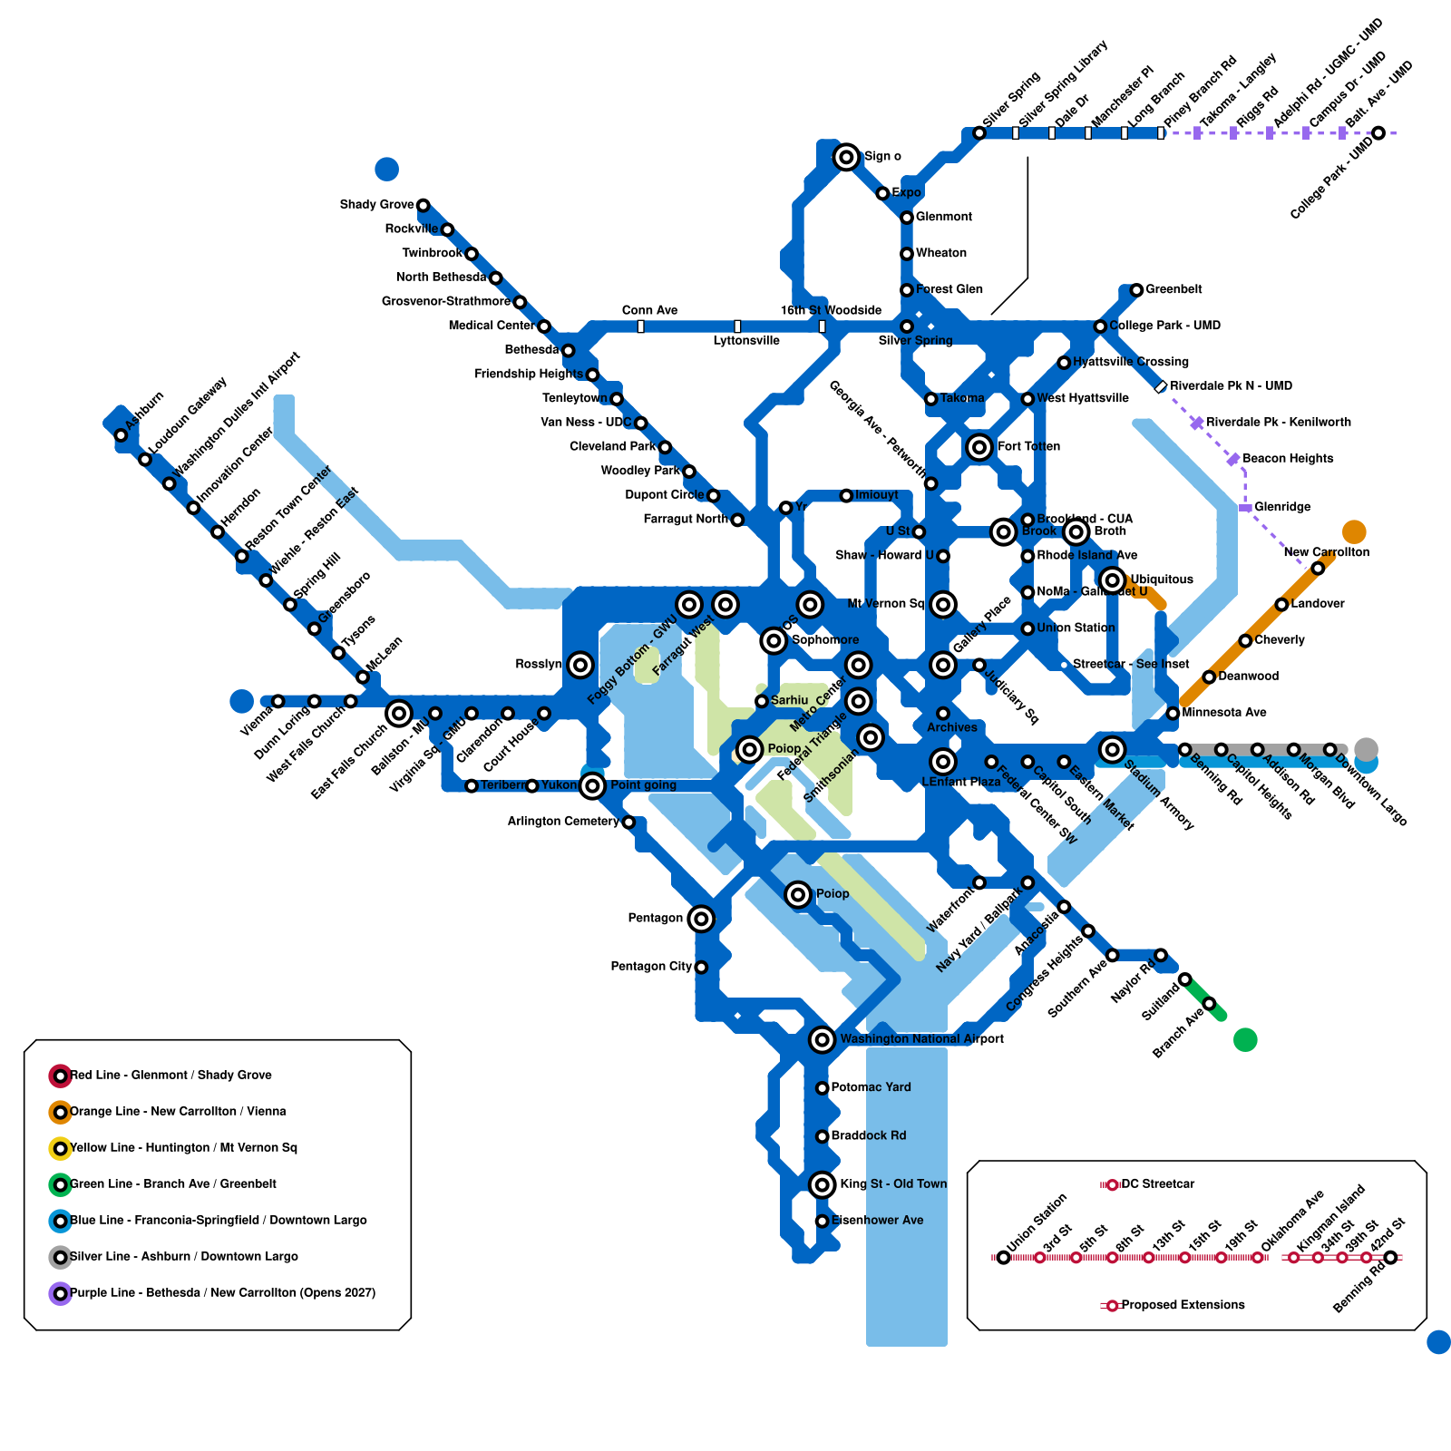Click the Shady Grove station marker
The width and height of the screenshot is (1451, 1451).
point(423,206)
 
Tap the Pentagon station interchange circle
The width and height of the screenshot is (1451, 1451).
point(701,919)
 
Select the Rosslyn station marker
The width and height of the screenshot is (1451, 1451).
point(580,665)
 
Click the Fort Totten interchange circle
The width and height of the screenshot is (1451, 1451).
point(979,447)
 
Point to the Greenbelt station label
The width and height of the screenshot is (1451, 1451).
point(1173,289)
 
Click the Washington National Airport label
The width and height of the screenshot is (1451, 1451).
point(921,1039)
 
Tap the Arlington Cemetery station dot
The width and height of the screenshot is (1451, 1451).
point(628,823)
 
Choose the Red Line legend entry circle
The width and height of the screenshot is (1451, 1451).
point(60,1076)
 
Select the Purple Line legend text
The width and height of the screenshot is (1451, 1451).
point(222,1293)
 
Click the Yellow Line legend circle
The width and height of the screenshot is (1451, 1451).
point(60,1149)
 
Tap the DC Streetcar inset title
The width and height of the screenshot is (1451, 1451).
point(1157,1184)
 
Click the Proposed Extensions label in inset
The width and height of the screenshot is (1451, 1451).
point(1183,1305)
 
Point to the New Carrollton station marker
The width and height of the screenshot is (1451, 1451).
point(1318,569)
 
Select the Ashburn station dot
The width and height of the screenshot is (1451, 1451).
point(121,435)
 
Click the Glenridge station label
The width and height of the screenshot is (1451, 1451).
point(1282,507)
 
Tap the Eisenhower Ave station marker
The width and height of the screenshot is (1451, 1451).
point(822,1222)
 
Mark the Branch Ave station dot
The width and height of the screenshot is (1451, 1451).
point(1209,1004)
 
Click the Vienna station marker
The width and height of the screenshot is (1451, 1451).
point(278,702)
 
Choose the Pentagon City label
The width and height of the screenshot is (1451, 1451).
point(651,967)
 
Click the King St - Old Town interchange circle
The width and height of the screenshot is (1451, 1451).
point(822,1184)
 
